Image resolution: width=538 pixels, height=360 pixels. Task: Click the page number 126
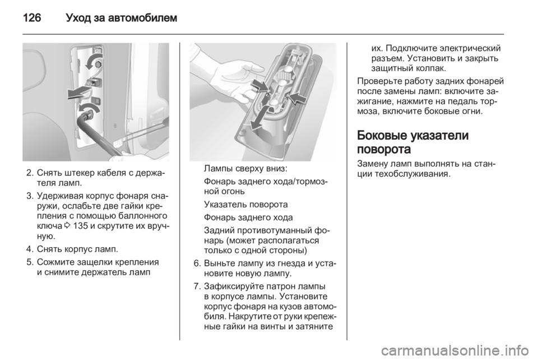tap(32, 17)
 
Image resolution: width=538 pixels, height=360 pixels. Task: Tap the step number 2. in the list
tap(30, 172)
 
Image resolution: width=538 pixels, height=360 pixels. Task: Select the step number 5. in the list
tap(30, 262)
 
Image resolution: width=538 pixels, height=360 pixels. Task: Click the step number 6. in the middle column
tap(197, 263)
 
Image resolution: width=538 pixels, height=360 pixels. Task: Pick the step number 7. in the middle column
tap(197, 286)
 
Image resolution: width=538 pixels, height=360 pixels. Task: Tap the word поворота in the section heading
tap(384, 150)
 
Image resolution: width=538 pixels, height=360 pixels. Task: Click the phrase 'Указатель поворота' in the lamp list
tap(245, 205)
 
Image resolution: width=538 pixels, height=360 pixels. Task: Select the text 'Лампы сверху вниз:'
tap(245, 169)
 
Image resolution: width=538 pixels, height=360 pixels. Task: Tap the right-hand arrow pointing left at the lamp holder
tap(297, 98)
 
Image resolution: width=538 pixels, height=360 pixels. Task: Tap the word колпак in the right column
tap(430, 68)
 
